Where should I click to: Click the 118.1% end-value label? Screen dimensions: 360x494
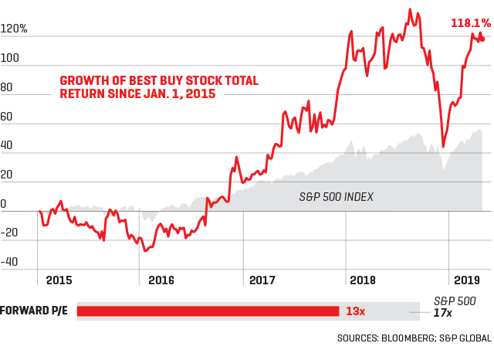click(471, 23)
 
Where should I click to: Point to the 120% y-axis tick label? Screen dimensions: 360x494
click(14, 29)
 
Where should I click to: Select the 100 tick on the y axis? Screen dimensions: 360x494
click(10, 66)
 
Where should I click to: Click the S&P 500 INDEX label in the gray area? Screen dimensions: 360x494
click(336, 197)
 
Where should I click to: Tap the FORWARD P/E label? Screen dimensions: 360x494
click(35, 311)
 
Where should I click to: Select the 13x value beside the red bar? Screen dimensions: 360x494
click(355, 311)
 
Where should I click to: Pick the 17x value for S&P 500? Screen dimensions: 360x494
click(442, 313)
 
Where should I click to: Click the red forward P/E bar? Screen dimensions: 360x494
click(208, 311)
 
